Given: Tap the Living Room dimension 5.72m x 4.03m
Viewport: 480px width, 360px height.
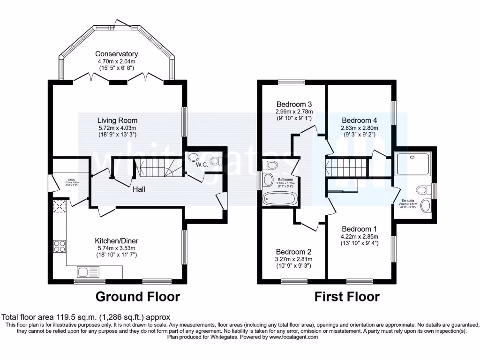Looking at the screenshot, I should point(117,128).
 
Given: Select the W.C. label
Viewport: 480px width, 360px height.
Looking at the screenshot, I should point(202,165).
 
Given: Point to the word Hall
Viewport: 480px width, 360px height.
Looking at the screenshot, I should point(138,189).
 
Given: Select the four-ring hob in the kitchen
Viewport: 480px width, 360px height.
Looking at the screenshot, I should point(60,246).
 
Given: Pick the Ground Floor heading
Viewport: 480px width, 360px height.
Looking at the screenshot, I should point(137,297).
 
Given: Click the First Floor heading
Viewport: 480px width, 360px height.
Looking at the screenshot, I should point(346,297).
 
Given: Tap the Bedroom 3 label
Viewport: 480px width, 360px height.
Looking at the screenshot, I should point(294,104).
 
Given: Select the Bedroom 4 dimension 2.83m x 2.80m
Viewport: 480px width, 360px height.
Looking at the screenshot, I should point(360,127).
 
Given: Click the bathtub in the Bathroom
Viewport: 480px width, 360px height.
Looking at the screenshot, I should point(279,199).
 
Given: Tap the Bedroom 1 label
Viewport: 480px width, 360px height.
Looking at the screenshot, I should point(360,229).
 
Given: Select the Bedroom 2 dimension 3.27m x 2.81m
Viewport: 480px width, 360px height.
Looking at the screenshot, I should point(294,259).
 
